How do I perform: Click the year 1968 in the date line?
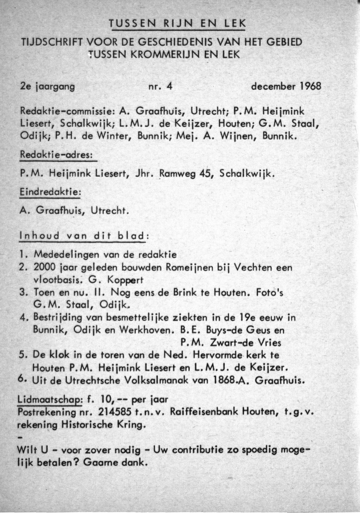click(x=309, y=86)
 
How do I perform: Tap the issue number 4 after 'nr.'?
click(x=169, y=86)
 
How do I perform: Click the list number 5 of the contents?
click(x=23, y=356)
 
